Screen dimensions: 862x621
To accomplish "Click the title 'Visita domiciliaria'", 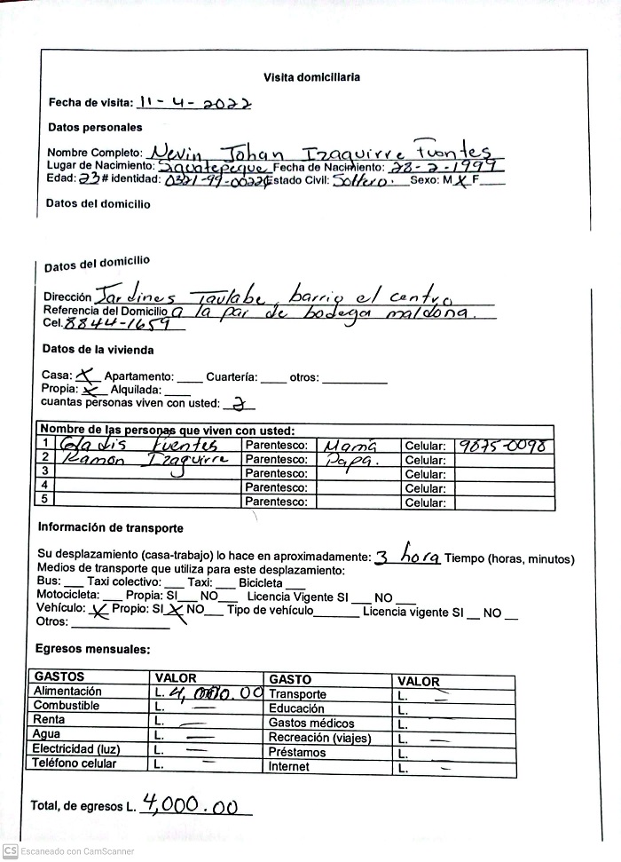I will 310,77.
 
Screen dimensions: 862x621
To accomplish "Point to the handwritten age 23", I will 89,178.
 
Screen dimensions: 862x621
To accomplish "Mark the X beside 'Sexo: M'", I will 463,179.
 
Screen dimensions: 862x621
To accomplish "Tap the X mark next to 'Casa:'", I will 89,376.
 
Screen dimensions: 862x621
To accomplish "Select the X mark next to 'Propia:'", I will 91,390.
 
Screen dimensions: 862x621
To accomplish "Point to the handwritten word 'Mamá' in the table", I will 350,446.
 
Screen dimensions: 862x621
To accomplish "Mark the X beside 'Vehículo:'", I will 99,610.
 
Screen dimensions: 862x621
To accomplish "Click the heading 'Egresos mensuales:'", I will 93,650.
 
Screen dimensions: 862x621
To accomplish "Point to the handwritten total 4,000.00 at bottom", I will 195,804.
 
